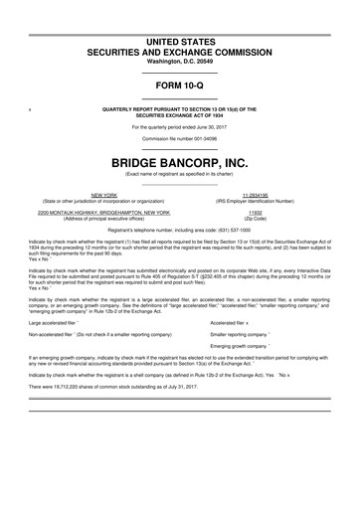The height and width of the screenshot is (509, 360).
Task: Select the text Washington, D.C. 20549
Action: (179, 62)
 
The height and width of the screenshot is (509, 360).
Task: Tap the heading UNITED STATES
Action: (179, 40)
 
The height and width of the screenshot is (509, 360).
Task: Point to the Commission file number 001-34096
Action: (179, 139)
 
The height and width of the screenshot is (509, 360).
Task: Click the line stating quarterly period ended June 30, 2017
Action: (179, 126)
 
